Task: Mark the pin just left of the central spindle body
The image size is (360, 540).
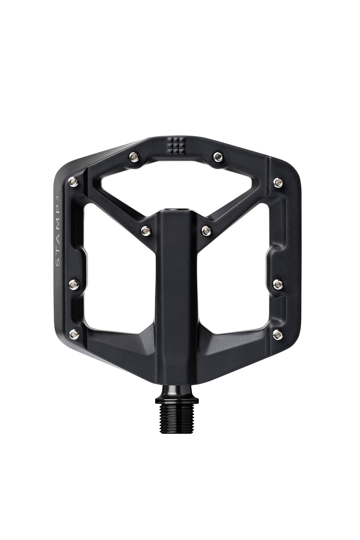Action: pos(145,229)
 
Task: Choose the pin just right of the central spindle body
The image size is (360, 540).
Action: pos(207,229)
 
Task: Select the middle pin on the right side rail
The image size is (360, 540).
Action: pos(278,284)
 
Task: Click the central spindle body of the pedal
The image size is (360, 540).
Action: pos(176,288)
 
